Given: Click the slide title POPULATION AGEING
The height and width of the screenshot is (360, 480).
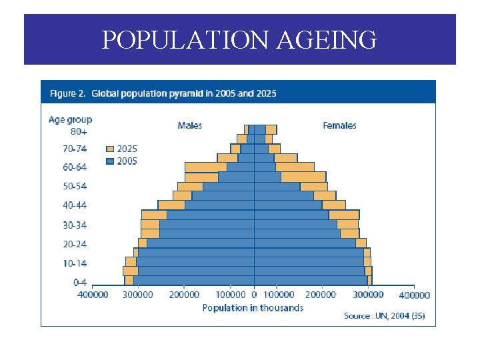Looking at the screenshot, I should click(239, 40).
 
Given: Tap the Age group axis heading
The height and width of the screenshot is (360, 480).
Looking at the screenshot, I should click(70, 120).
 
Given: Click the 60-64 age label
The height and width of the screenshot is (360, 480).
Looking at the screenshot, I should click(75, 167).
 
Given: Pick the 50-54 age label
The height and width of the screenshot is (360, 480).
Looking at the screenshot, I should click(75, 187).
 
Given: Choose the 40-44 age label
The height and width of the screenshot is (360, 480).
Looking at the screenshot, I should click(75, 206).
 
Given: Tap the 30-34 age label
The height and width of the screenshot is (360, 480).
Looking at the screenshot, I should click(75, 225).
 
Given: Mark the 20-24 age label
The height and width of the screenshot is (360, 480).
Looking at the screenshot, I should click(75, 245).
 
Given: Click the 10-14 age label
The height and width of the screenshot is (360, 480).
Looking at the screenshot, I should click(75, 264).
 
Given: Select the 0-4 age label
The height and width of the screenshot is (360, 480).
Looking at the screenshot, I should click(79, 283).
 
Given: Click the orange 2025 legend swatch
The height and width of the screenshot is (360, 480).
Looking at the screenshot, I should click(111, 149).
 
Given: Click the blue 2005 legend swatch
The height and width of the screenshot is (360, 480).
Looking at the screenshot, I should click(111, 161).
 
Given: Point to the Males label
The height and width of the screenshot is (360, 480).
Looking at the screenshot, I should click(190, 125).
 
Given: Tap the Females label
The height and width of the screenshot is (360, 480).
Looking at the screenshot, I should click(339, 125).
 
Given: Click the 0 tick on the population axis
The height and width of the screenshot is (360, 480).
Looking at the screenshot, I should click(254, 295).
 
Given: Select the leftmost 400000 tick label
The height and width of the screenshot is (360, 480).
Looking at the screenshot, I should click(93, 295).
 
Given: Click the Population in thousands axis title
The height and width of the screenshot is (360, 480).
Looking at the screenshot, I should click(253, 308).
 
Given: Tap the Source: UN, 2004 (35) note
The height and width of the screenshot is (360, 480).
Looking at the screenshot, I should click(384, 316).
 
